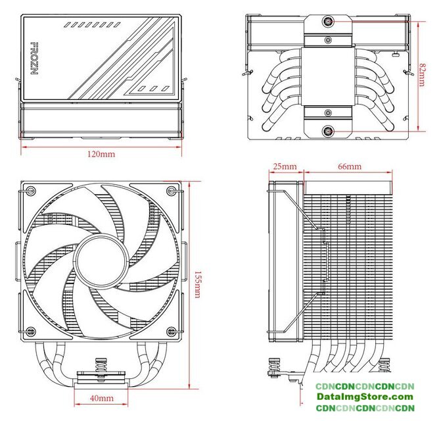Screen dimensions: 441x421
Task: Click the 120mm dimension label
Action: click(x=101, y=154)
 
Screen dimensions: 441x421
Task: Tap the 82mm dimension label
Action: click(x=422, y=75)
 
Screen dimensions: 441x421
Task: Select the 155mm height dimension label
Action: click(x=198, y=285)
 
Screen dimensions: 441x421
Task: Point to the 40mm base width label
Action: click(x=102, y=398)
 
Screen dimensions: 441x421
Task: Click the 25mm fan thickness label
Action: click(x=285, y=166)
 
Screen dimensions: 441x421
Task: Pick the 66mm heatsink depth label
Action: click(x=350, y=166)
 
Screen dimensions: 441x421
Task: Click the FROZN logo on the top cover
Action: click(x=34, y=59)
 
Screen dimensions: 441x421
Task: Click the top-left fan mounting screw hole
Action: click(x=31, y=191)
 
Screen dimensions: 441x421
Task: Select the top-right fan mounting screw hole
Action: click(x=172, y=191)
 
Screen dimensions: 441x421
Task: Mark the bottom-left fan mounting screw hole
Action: click(x=31, y=332)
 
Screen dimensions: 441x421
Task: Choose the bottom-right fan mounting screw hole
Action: click(x=172, y=332)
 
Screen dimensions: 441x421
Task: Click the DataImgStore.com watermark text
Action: click(x=365, y=397)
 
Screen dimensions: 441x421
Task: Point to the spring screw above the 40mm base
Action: click(x=101, y=364)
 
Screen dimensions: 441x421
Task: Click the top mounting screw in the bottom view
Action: click(x=328, y=22)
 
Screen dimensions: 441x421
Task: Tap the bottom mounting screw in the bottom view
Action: click(x=328, y=131)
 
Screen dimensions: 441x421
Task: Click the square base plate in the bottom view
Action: click(x=328, y=76)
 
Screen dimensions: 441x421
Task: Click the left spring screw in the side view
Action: click(x=275, y=368)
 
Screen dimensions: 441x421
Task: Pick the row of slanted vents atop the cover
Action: click(x=92, y=25)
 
